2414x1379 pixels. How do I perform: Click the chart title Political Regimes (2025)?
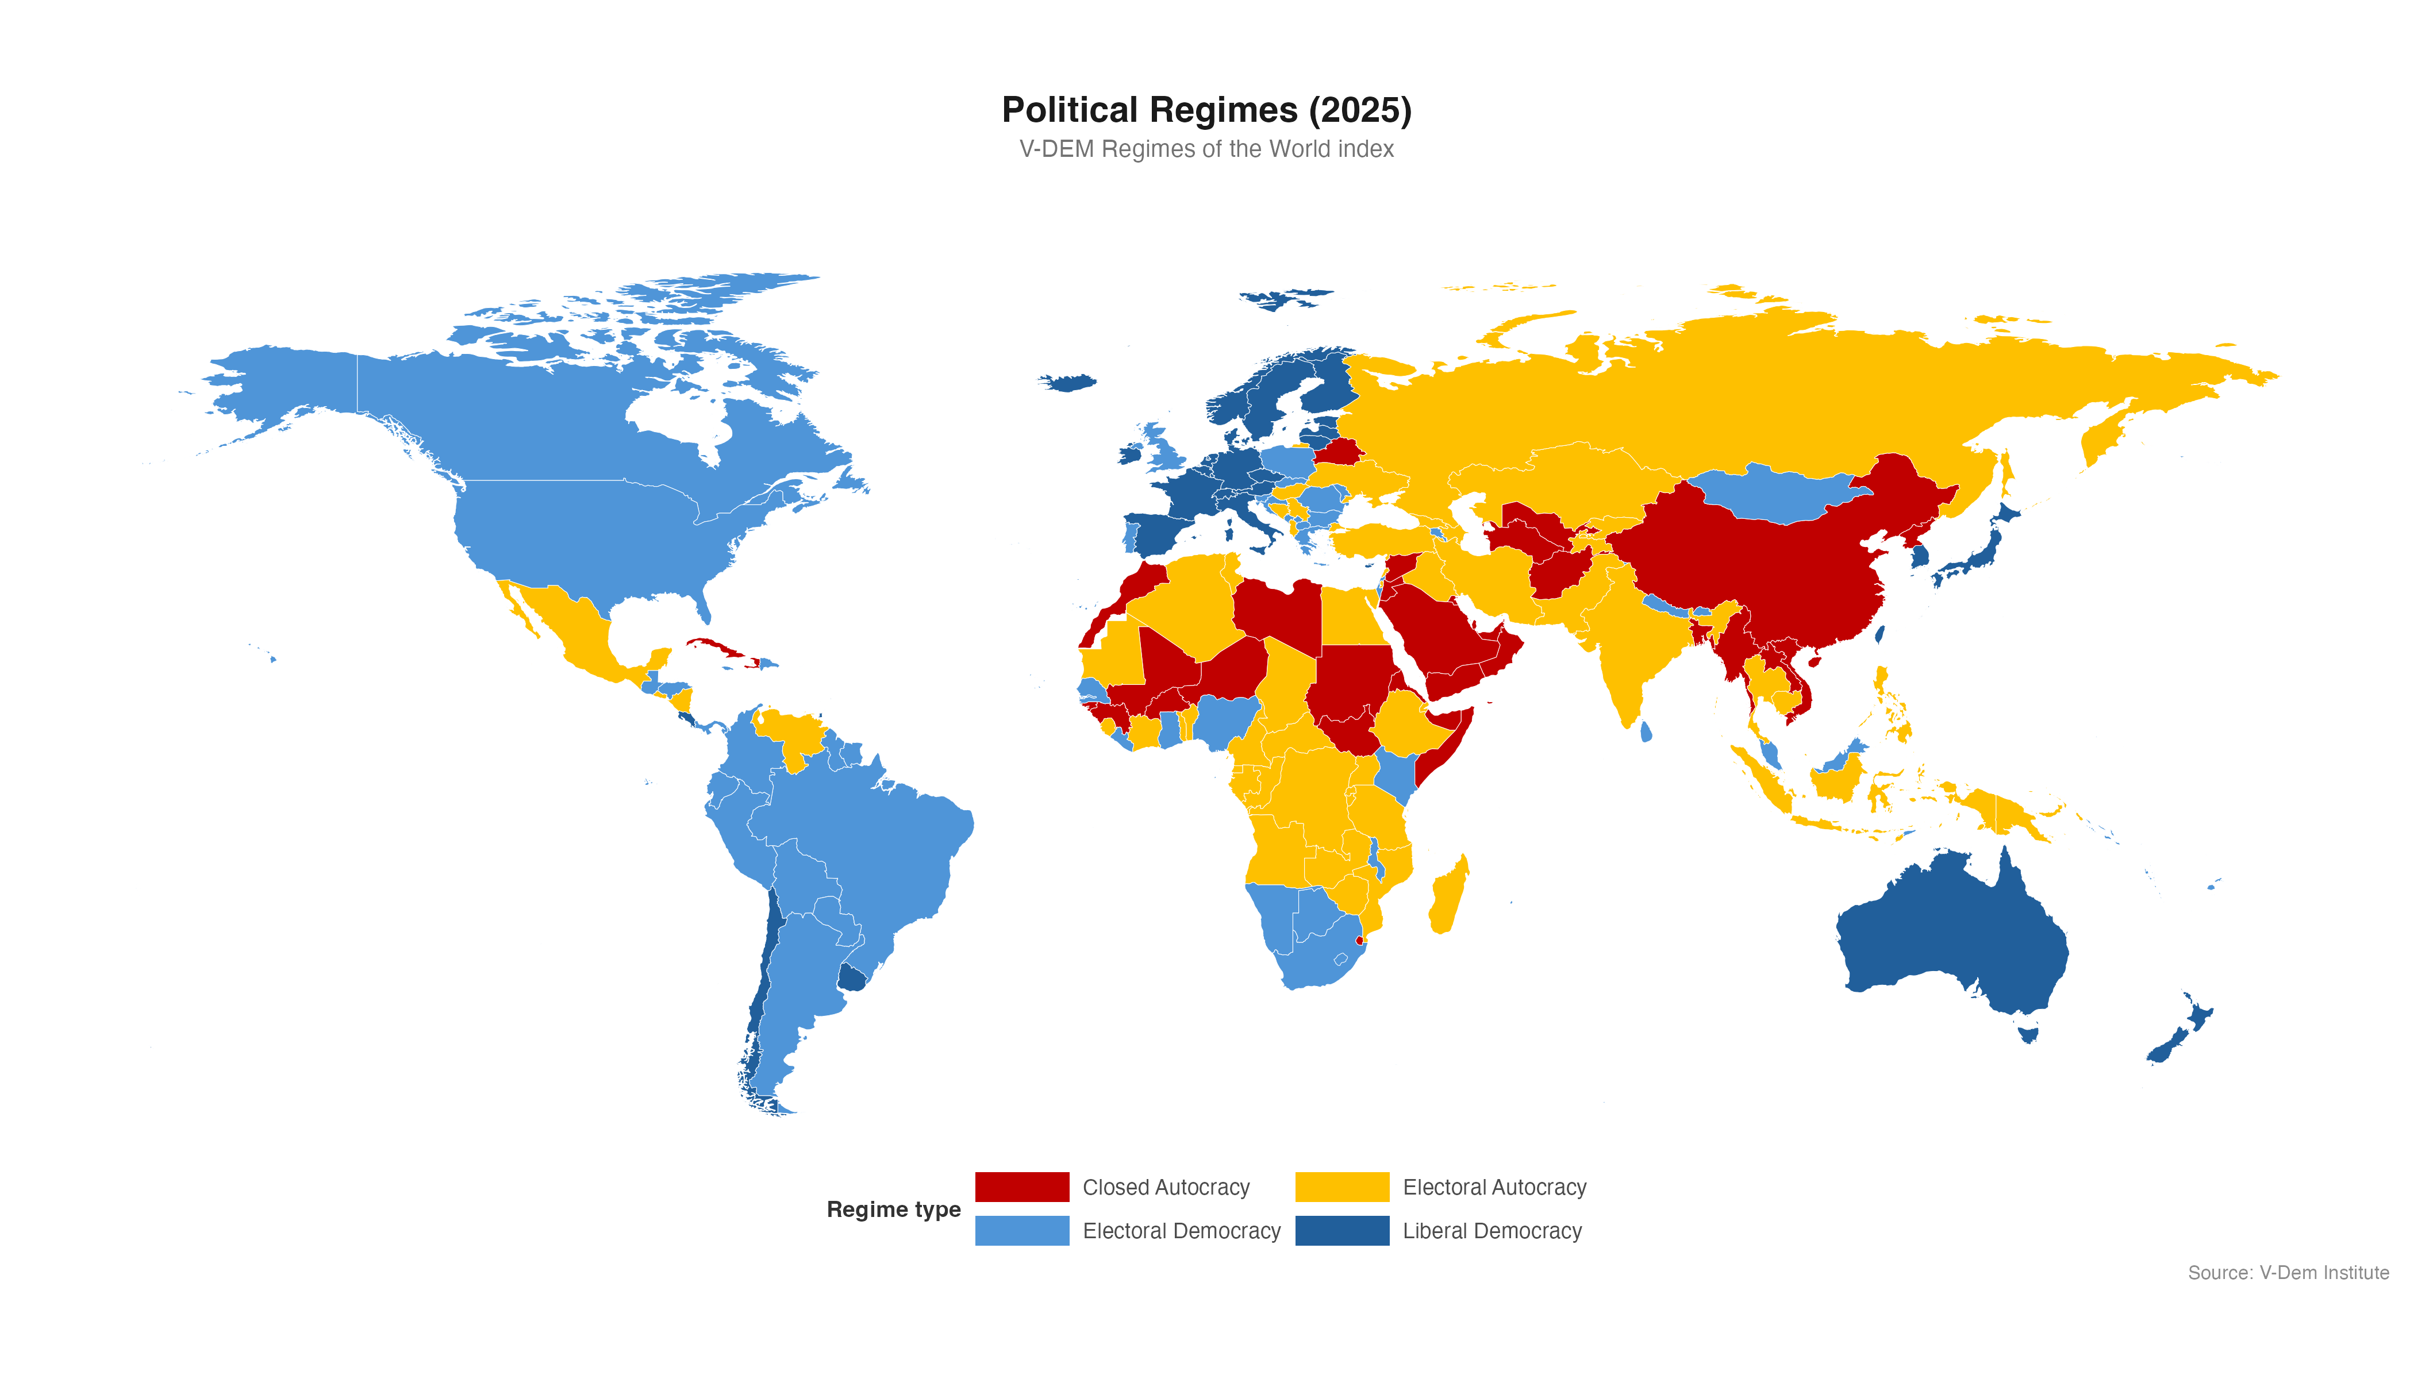click(x=1206, y=110)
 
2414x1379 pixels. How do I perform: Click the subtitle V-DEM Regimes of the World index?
click(x=1206, y=149)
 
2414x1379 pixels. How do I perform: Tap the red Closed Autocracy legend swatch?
click(x=1021, y=1187)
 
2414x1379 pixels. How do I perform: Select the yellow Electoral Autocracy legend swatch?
click(x=1341, y=1187)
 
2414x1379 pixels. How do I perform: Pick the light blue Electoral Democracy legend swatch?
click(x=1021, y=1230)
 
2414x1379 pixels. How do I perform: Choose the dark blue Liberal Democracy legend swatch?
click(x=1341, y=1230)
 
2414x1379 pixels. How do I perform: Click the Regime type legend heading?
click(x=893, y=1209)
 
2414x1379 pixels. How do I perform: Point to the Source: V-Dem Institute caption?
click(x=2287, y=1273)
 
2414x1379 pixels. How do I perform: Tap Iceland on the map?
click(x=1068, y=383)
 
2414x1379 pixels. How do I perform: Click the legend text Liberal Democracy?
click(x=1492, y=1230)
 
